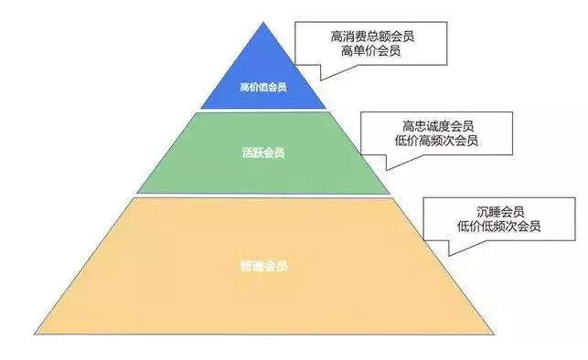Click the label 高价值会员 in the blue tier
pos(262,89)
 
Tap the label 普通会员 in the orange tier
pos(265,268)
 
